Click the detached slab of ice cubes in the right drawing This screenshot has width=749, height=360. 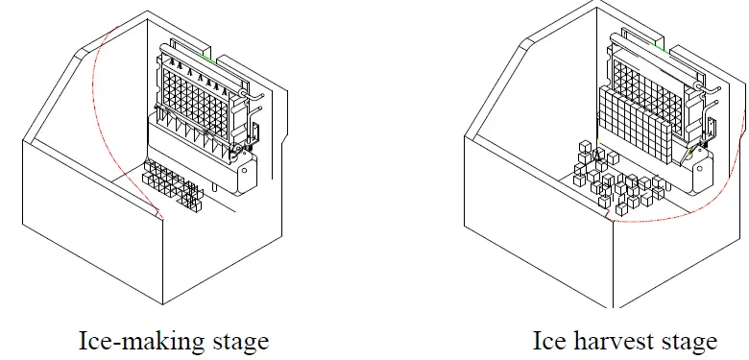635,125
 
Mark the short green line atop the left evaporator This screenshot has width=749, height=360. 208,55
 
